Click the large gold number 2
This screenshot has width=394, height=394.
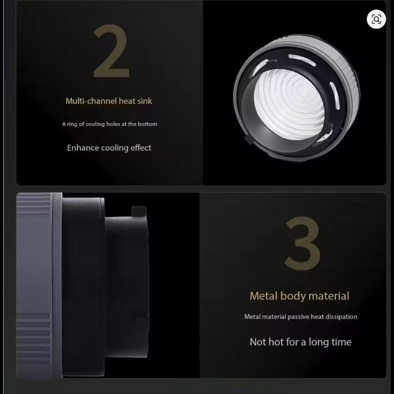pyautogui.click(x=111, y=51)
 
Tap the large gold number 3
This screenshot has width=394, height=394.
pyautogui.click(x=302, y=243)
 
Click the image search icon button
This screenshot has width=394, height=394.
pyautogui.click(x=376, y=19)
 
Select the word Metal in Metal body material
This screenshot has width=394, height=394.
pyautogui.click(x=264, y=296)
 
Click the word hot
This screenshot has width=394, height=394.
pyautogui.click(x=276, y=342)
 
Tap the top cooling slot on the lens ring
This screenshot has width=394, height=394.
pyautogui.click(x=302, y=60)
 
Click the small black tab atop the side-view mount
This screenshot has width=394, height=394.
pyautogui.click(x=139, y=212)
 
